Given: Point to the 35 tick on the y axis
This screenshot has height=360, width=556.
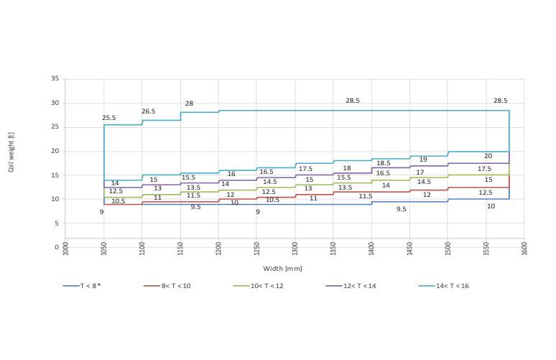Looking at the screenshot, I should tap(55, 79).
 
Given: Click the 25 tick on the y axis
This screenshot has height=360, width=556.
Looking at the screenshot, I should tap(55, 127).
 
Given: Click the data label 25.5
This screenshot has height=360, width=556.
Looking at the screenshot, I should tap(109, 118).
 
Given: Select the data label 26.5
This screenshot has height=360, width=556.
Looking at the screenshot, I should tap(149, 111).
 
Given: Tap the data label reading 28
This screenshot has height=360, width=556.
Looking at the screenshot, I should tap(189, 103).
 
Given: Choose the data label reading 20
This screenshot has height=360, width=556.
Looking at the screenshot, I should tap(488, 156).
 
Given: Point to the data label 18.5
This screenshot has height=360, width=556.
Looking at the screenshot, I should tap(383, 163).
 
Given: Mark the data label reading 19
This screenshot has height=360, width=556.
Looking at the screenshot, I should tap(423, 160).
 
